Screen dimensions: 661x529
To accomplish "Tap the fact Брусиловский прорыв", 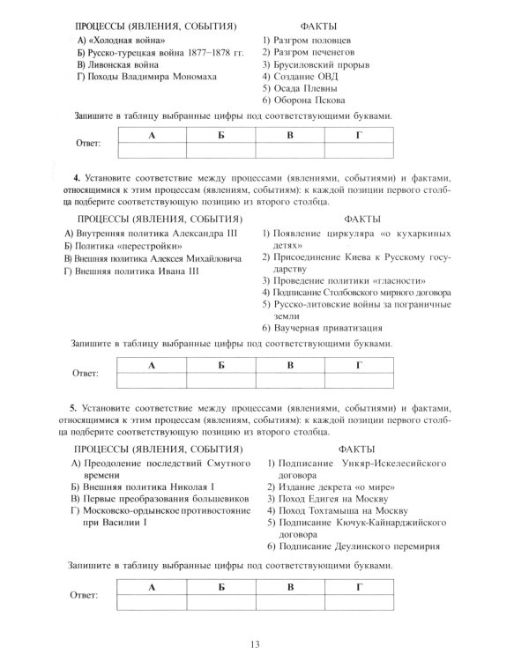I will pos(315,65).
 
